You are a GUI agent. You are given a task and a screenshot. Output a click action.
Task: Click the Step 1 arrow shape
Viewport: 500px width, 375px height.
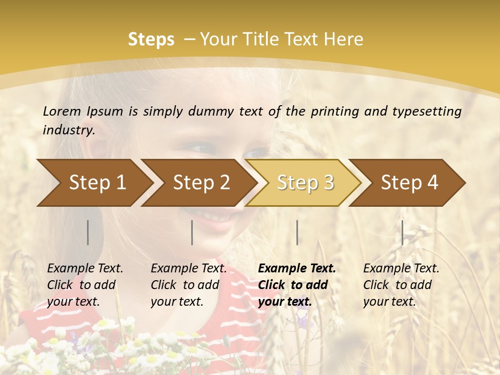(x=94, y=183)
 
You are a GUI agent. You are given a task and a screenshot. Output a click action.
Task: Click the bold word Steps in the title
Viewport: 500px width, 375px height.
(x=151, y=40)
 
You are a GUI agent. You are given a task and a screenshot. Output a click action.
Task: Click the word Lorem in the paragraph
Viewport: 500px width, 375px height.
(x=62, y=111)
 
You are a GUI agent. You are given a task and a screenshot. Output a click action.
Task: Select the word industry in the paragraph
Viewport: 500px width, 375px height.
(x=68, y=130)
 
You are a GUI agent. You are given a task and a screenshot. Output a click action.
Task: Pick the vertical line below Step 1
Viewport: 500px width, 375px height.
(x=87, y=232)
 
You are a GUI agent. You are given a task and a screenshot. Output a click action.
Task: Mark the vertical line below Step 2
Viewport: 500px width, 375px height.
(x=192, y=232)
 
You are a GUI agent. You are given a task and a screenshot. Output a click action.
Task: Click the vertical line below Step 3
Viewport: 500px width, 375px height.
(x=297, y=232)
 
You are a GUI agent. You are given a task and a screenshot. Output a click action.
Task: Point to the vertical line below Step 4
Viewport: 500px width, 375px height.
(x=402, y=232)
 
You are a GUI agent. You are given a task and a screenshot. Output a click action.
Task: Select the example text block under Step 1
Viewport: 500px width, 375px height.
(x=84, y=285)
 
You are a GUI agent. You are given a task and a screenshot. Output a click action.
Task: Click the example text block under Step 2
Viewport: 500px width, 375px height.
(x=188, y=285)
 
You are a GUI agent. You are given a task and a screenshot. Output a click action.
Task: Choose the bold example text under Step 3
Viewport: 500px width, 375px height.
(x=296, y=285)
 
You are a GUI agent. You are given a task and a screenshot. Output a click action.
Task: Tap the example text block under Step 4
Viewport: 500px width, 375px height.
(x=401, y=285)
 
